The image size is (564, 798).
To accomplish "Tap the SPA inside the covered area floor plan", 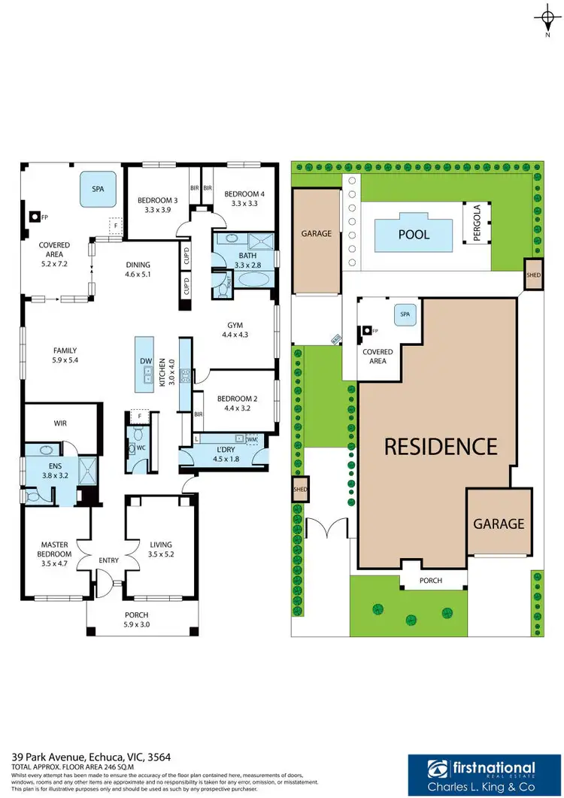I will click(x=98, y=190).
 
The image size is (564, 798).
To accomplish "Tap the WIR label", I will click(x=62, y=423).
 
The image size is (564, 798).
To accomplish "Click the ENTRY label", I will click(x=109, y=560).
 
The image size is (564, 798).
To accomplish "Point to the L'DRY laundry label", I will click(x=224, y=449).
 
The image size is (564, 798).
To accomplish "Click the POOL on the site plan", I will click(x=414, y=235).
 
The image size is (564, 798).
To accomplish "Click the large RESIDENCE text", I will click(x=441, y=446).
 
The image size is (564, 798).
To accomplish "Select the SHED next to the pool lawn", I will click(x=533, y=274).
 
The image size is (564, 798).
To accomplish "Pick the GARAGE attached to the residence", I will click(x=499, y=523).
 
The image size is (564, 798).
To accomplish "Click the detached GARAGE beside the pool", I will click(x=317, y=234).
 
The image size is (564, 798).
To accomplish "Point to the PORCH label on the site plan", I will click(x=431, y=581).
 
